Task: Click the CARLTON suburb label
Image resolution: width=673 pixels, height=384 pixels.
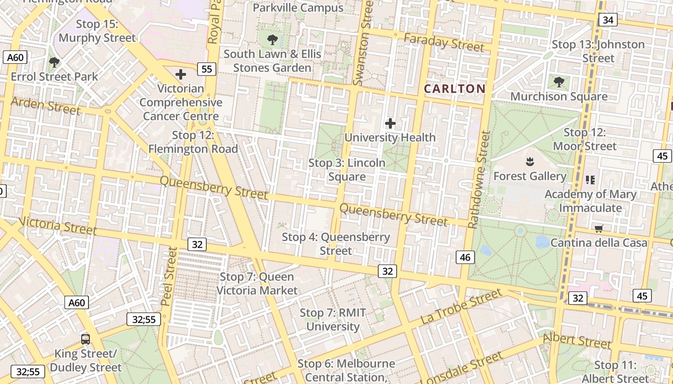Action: click(x=454, y=89)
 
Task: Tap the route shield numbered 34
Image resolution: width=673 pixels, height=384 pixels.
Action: click(x=608, y=20)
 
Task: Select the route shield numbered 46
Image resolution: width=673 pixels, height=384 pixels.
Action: click(x=465, y=257)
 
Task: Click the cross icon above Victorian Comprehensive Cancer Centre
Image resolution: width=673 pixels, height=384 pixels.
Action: click(x=181, y=74)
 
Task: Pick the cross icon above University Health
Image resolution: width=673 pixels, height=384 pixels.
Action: click(x=390, y=123)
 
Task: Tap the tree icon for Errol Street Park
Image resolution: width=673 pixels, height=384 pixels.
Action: click(x=54, y=62)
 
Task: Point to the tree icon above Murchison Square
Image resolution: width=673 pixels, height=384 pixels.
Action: click(x=559, y=82)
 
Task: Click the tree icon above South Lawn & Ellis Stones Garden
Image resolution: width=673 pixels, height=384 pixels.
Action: click(x=273, y=39)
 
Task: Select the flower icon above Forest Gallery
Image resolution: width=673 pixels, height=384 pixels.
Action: click(x=530, y=162)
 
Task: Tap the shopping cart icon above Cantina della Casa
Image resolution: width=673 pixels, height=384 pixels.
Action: click(x=598, y=229)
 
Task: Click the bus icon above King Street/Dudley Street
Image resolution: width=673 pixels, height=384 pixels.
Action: click(x=86, y=339)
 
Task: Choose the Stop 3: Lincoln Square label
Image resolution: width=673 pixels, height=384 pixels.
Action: click(x=347, y=170)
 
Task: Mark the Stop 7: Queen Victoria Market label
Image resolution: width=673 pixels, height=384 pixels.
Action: click(x=257, y=284)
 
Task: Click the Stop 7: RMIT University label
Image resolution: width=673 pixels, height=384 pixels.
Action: click(x=333, y=320)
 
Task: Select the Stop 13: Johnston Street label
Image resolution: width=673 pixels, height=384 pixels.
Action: click(x=598, y=51)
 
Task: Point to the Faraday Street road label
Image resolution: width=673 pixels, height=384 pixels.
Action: click(x=444, y=43)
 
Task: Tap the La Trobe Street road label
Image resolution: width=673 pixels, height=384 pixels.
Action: click(x=461, y=306)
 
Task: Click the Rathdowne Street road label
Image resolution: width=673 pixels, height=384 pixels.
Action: click(x=479, y=180)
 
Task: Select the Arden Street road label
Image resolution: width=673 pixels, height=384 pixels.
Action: click(x=45, y=106)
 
